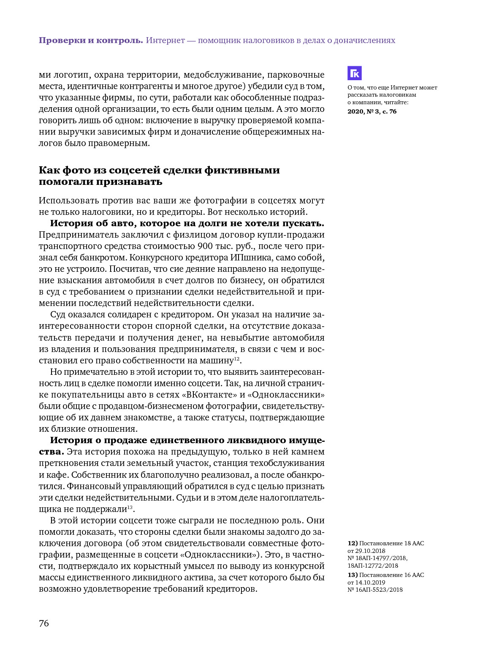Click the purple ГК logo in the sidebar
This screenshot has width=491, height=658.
[355, 73]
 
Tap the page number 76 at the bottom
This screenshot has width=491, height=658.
[44, 623]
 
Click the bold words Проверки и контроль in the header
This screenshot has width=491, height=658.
[91, 41]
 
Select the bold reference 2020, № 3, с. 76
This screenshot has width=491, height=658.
[372, 111]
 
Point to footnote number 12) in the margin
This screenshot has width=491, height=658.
[353, 543]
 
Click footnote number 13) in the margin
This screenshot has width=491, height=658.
[353, 575]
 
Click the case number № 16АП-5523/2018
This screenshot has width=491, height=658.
[375, 590]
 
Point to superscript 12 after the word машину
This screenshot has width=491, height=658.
[237, 358]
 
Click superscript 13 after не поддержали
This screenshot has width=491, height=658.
[130, 507]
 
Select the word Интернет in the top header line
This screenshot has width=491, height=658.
[165, 41]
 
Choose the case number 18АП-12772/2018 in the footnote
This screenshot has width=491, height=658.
[373, 566]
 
